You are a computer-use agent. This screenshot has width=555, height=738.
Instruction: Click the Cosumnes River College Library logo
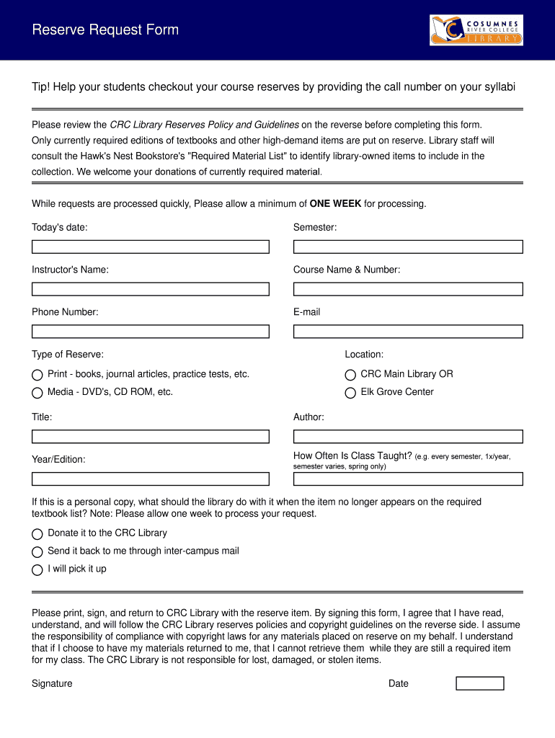pyautogui.click(x=476, y=30)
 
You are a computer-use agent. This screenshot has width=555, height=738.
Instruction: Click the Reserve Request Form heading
pyautogui.click(x=105, y=30)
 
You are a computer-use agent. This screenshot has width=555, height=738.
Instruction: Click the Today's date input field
pyautogui.click(x=150, y=246)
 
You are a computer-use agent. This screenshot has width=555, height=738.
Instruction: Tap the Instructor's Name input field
pyautogui.click(x=150, y=289)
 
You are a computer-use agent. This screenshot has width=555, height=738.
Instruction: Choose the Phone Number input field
pyautogui.click(x=150, y=332)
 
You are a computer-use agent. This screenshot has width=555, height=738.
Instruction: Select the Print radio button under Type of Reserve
pyautogui.click(x=37, y=375)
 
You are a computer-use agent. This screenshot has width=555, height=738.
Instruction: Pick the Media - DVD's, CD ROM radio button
pyautogui.click(x=37, y=393)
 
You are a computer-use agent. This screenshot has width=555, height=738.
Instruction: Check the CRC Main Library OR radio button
pyautogui.click(x=350, y=375)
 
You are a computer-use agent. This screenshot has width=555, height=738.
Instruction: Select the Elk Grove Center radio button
pyautogui.click(x=350, y=393)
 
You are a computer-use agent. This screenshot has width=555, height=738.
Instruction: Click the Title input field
pyautogui.click(x=150, y=437)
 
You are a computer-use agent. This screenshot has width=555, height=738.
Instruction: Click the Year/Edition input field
pyautogui.click(x=150, y=479)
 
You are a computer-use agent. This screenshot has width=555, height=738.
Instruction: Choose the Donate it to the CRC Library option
pyautogui.click(x=37, y=534)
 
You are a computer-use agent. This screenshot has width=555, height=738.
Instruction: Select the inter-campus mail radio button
pyautogui.click(x=37, y=552)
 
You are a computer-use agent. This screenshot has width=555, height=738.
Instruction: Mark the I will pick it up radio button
pyautogui.click(x=37, y=570)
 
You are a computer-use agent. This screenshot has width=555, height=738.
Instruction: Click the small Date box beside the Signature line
pyautogui.click(x=480, y=683)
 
